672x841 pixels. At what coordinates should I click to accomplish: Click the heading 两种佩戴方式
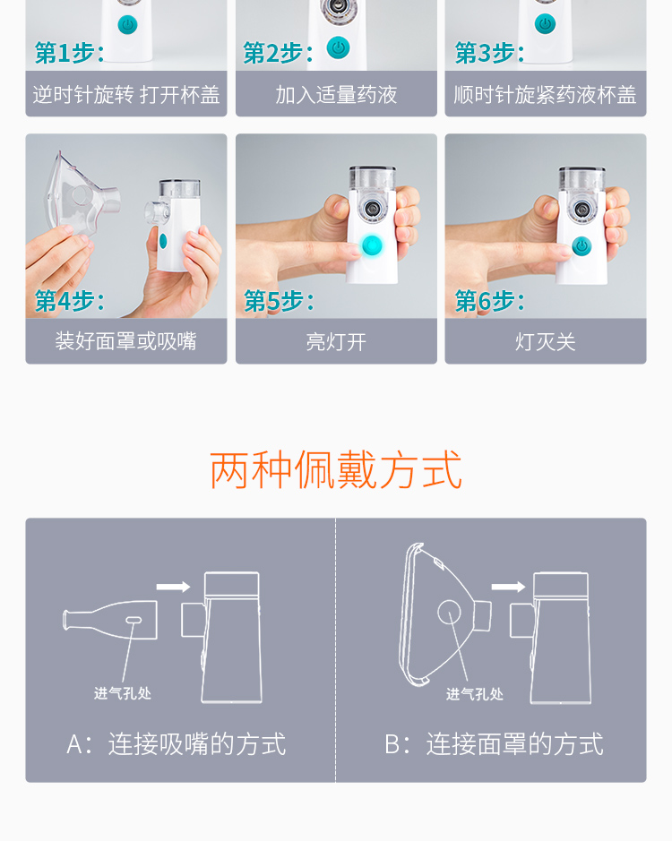tap(336, 470)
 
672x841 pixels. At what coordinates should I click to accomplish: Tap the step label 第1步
tap(69, 53)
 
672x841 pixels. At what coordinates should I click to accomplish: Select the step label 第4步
tap(69, 301)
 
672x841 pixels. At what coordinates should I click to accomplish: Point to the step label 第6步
tap(489, 301)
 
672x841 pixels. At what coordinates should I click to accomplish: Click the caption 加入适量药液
tap(337, 95)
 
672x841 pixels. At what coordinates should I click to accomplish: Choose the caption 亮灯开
tap(337, 341)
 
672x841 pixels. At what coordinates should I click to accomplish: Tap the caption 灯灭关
tap(546, 341)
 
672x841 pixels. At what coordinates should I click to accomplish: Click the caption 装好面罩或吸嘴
tap(126, 341)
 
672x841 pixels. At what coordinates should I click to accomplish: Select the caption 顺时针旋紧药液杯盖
tap(546, 95)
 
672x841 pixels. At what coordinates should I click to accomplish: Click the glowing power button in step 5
tap(372, 245)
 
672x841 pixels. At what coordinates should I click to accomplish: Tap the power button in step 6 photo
tap(582, 245)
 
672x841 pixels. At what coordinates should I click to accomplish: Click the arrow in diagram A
tap(173, 587)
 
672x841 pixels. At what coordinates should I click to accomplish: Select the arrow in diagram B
tap(508, 587)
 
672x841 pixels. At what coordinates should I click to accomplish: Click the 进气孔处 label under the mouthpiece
tap(123, 693)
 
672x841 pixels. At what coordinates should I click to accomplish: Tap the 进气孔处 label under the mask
tap(475, 695)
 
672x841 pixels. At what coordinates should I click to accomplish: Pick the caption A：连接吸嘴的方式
tap(176, 744)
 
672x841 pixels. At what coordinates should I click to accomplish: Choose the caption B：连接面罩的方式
tap(495, 744)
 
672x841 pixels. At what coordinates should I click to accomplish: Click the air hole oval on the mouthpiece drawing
tap(134, 620)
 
